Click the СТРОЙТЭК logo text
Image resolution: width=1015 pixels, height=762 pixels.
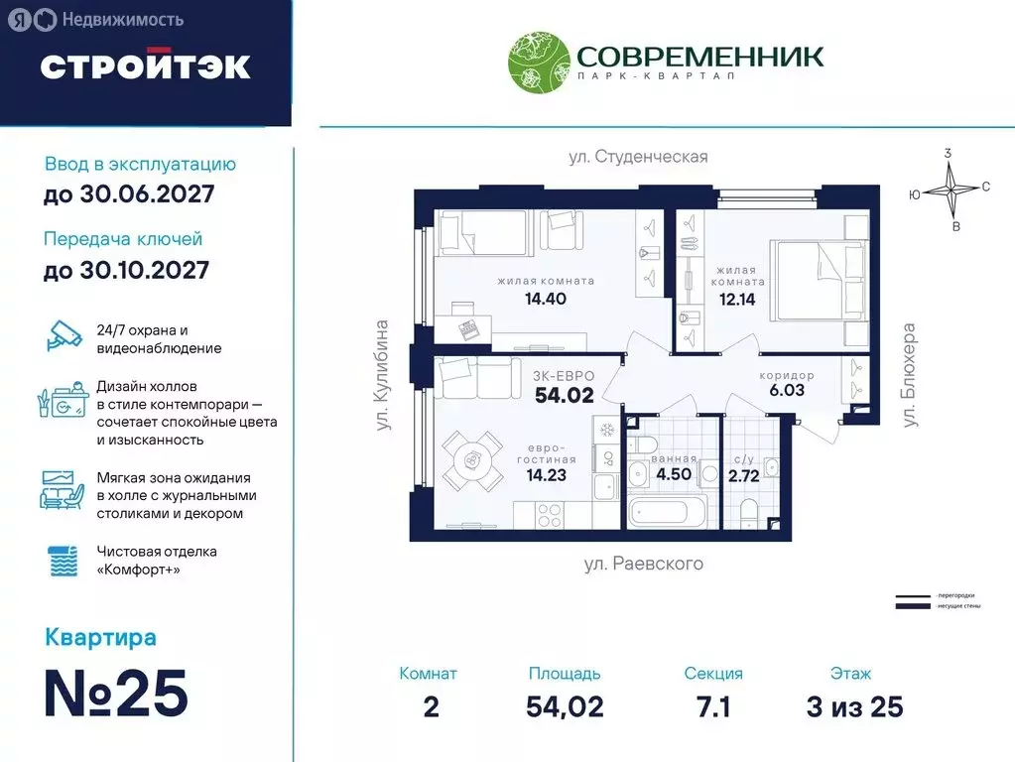click(145, 65)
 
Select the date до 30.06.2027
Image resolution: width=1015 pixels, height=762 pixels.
click(129, 193)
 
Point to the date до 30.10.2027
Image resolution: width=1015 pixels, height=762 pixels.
click(126, 269)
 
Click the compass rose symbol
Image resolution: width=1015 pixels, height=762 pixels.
click(951, 189)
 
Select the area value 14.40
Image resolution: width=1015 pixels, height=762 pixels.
click(546, 298)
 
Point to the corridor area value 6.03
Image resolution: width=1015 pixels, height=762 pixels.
click(787, 390)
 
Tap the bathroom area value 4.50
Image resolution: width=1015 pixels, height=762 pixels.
click(674, 473)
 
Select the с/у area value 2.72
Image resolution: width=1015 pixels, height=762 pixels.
click(743, 476)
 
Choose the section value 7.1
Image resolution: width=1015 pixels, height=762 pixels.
click(712, 706)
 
